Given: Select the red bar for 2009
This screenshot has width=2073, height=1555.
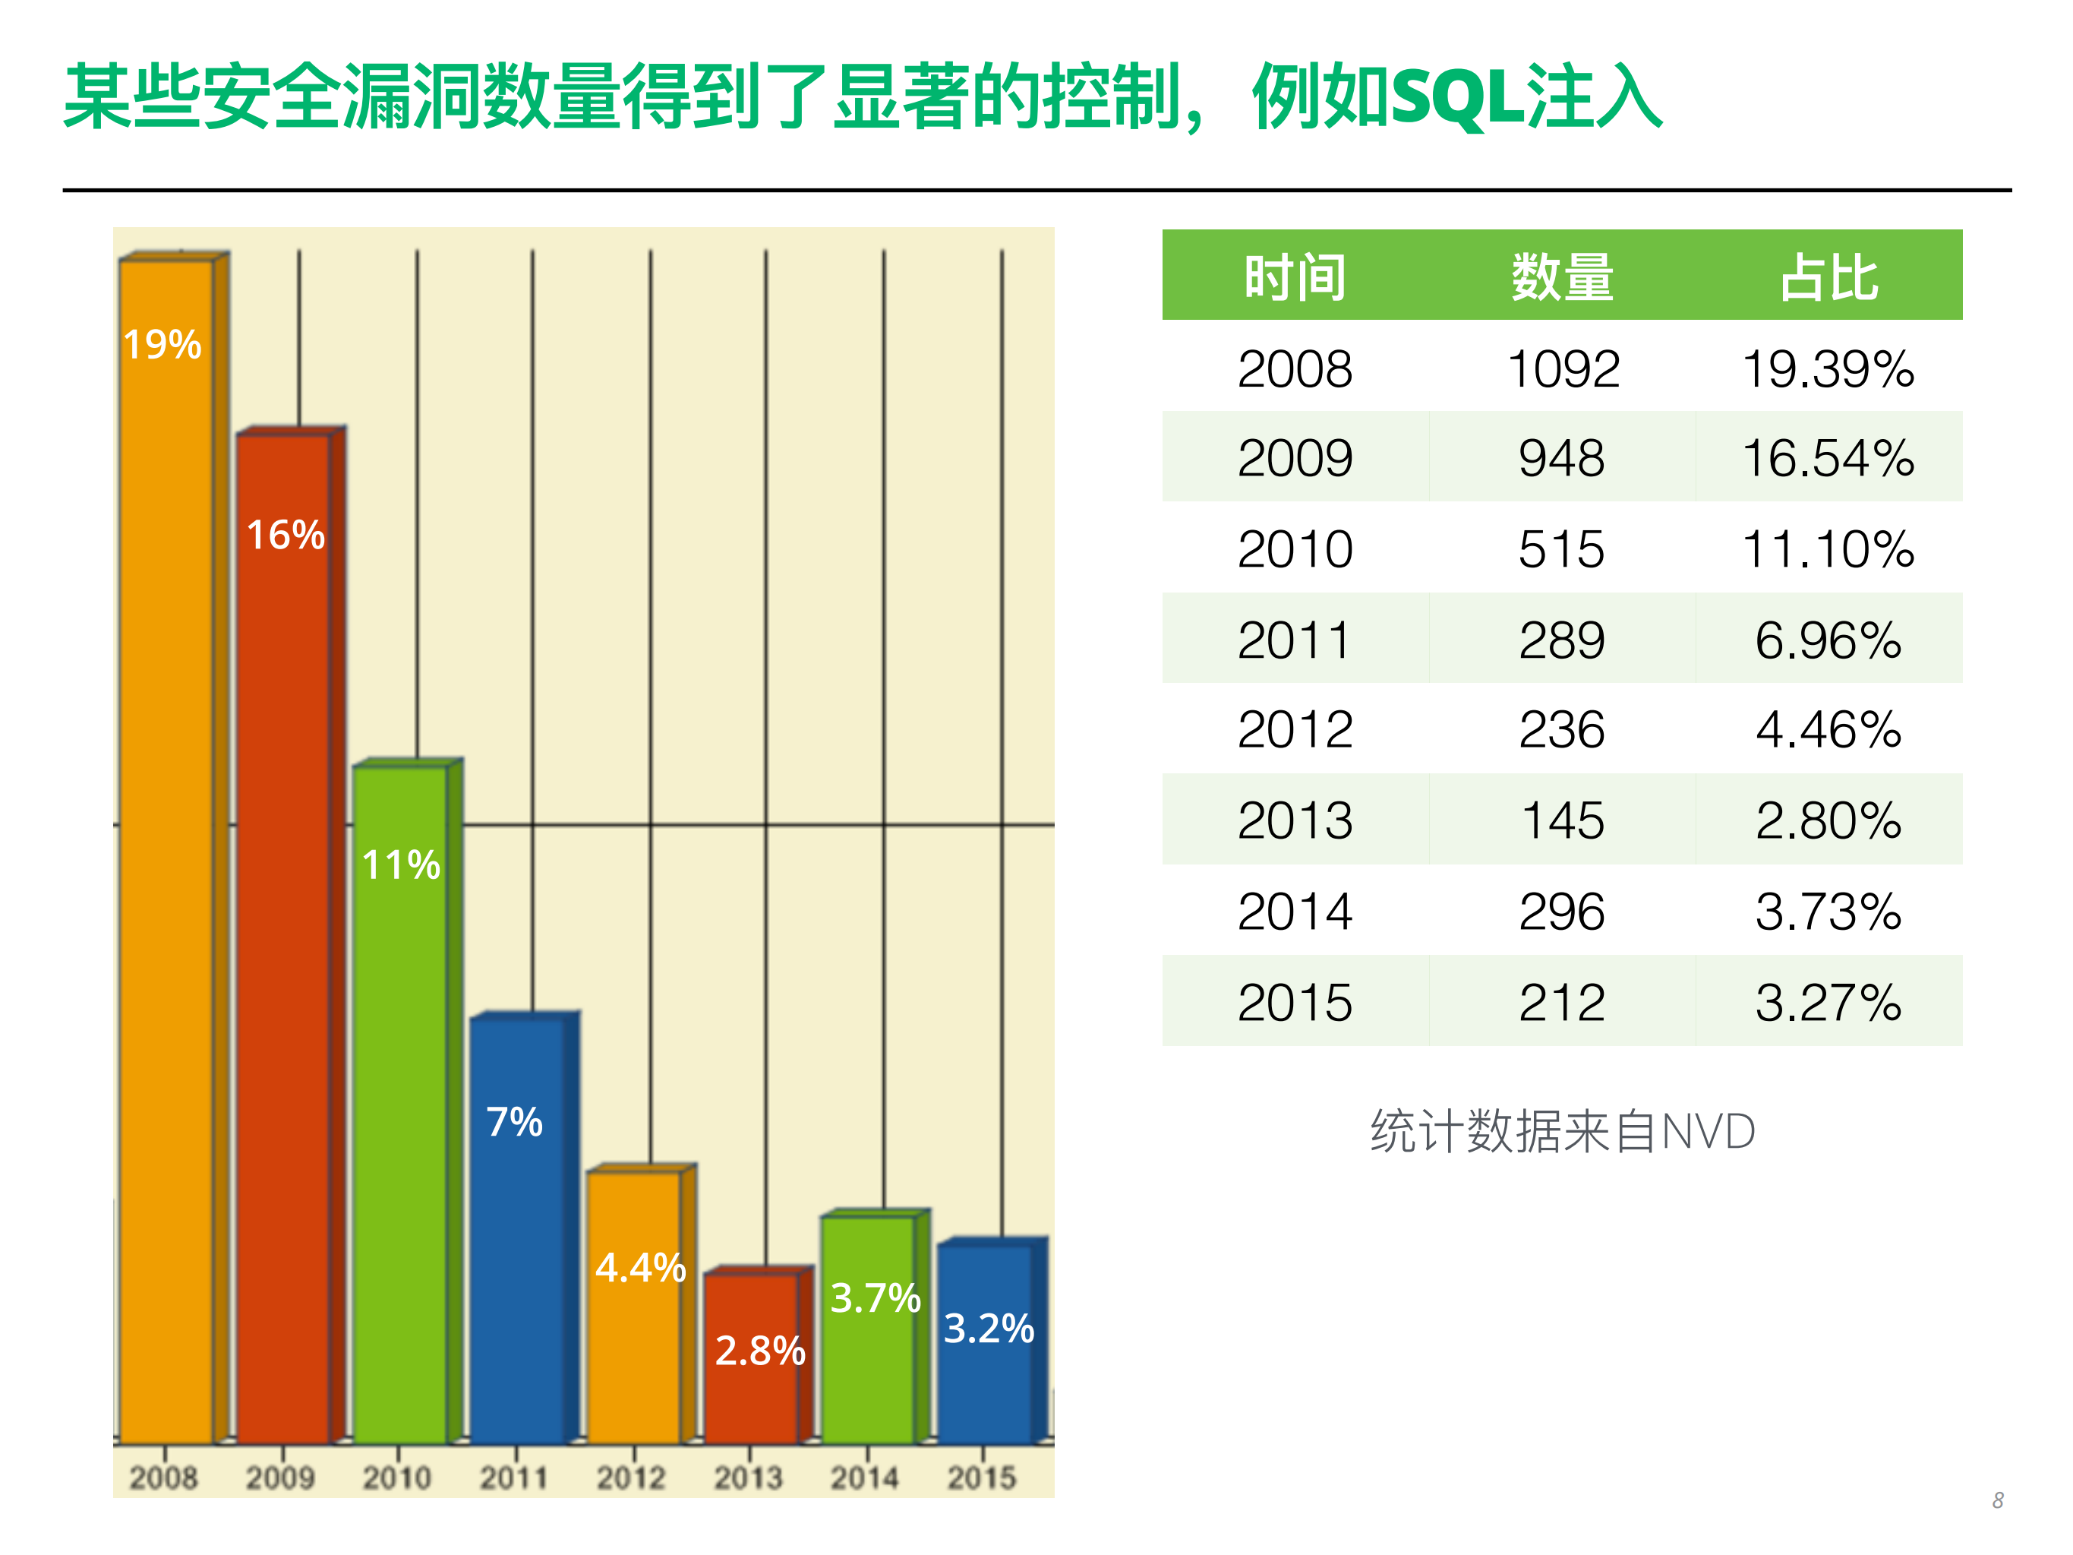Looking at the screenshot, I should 283,937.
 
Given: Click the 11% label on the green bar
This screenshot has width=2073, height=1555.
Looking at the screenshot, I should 401,864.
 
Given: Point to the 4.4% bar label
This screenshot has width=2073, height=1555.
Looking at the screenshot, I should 641,1267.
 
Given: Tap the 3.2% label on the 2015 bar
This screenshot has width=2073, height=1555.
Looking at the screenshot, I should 989,1328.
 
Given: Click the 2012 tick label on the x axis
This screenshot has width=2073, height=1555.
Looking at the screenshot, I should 631,1478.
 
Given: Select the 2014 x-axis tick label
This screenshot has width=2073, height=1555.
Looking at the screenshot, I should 864,1478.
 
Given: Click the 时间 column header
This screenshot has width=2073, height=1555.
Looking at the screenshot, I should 1295,277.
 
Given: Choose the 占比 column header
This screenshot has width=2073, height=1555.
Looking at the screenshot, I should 1828,277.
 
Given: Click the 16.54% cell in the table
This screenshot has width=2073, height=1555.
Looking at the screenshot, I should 1828,458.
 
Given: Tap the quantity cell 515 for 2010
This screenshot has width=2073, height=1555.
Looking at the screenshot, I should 1562,549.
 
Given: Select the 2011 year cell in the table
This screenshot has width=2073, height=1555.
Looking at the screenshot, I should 1295,640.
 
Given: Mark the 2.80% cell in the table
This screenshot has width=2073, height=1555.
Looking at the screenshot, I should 1828,821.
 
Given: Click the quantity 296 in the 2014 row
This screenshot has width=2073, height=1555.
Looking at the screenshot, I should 1562,912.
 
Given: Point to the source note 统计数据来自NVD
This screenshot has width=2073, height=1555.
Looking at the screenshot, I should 1562,1131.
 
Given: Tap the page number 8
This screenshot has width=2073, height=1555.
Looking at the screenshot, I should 1997,1500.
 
